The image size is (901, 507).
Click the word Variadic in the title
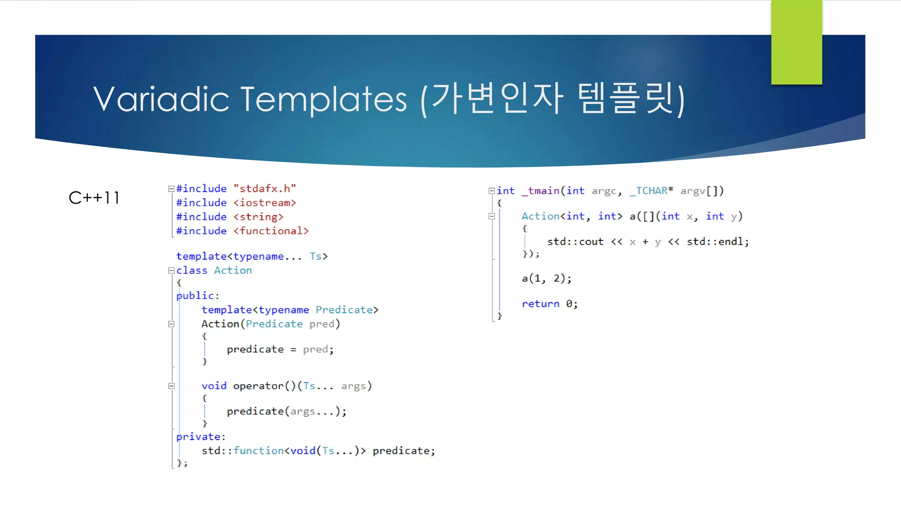point(161,99)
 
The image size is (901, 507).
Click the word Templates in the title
point(324,99)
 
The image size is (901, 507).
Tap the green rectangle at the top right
point(796,42)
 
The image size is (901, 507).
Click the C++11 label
point(94,198)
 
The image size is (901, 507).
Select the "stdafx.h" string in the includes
point(265,189)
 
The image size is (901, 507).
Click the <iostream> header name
point(265,203)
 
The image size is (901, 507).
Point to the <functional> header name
point(271,231)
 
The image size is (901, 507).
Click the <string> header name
point(258,217)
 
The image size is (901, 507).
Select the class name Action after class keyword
point(233,271)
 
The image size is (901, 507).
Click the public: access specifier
point(198,296)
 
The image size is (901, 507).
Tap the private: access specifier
point(201,437)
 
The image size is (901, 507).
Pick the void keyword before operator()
point(214,386)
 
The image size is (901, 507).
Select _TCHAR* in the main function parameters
point(651,191)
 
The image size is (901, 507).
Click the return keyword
point(540,304)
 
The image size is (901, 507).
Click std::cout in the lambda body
point(575,242)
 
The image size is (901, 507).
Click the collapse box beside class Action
point(172,271)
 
